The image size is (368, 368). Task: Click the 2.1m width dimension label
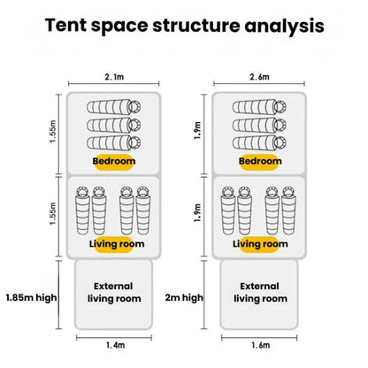114,77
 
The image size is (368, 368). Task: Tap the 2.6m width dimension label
260,77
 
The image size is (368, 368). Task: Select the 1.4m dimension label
115,345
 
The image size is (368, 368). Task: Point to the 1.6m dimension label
261,345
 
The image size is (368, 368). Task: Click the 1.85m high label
31,297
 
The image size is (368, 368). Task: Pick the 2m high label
184,297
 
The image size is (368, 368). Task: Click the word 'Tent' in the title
66,25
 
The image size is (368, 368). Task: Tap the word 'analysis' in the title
284,26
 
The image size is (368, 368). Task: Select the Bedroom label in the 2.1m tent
114,161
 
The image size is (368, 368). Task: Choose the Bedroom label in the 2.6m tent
260,161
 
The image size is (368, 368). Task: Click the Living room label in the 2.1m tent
117,244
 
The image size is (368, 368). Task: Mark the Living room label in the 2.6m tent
260,244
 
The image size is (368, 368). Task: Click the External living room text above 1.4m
114,292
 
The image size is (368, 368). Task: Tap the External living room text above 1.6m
260,292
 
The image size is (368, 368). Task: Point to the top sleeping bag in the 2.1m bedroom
114,106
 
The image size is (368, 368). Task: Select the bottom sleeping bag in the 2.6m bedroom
259,142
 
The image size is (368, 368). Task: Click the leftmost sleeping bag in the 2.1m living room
82,211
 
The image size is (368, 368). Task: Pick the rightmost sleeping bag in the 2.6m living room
288,211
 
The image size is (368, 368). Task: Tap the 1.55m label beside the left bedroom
53,132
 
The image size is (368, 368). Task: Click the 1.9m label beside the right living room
198,213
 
